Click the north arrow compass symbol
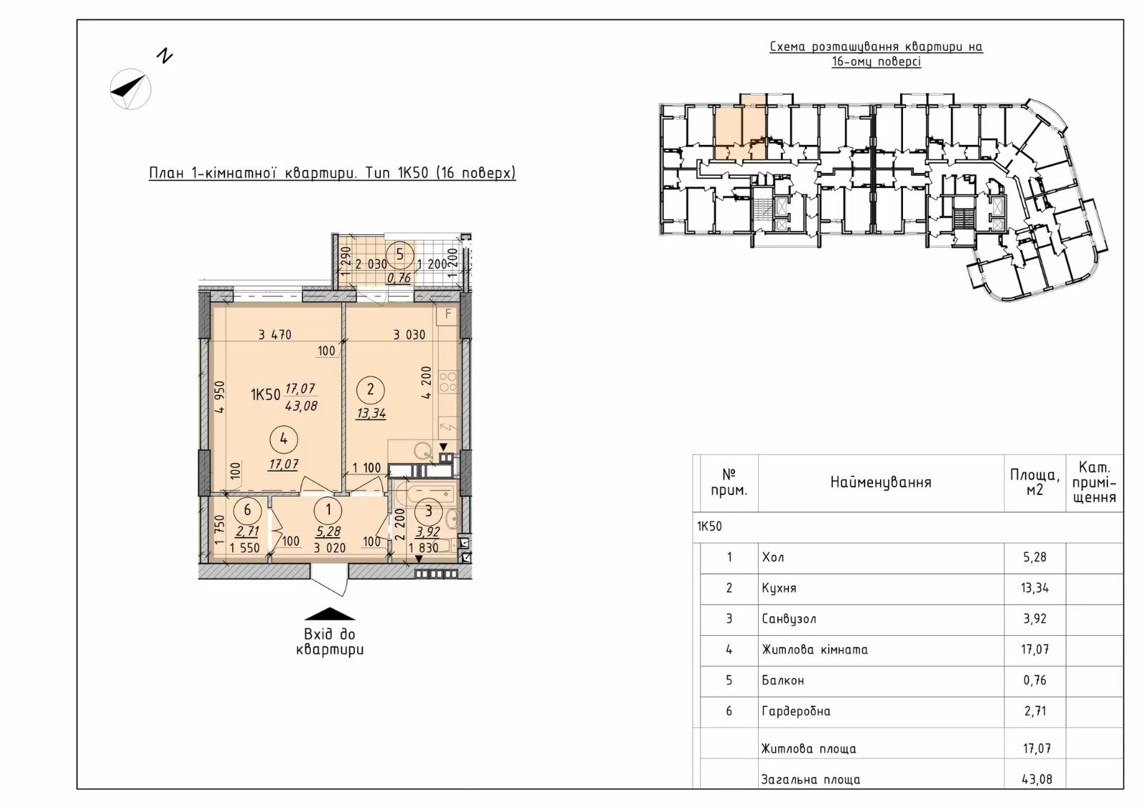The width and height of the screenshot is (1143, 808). click(x=131, y=89)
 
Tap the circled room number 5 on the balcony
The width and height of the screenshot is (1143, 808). click(x=399, y=254)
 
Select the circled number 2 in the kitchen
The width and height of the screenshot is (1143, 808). click(x=371, y=390)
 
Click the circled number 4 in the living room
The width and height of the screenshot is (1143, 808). click(x=284, y=439)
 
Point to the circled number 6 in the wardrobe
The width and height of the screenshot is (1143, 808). click(x=247, y=510)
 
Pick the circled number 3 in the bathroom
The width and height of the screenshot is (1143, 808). click(x=429, y=510)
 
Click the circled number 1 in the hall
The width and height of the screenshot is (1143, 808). click(x=328, y=509)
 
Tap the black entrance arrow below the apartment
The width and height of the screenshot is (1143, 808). click(x=329, y=614)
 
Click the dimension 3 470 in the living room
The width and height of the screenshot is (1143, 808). click(x=274, y=335)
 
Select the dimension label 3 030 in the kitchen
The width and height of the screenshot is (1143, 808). click(x=409, y=335)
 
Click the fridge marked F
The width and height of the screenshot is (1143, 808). click(x=448, y=314)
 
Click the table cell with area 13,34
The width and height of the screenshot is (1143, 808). click(x=1035, y=588)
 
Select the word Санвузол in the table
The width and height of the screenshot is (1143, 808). click(x=789, y=619)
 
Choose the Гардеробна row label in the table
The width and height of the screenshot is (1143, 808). click(x=796, y=711)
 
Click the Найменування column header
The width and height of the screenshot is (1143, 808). click(x=881, y=482)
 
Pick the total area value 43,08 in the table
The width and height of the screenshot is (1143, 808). click(x=1037, y=779)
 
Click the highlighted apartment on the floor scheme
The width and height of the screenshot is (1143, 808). click(x=740, y=126)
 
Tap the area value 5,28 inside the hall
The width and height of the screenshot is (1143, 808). click(x=328, y=532)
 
